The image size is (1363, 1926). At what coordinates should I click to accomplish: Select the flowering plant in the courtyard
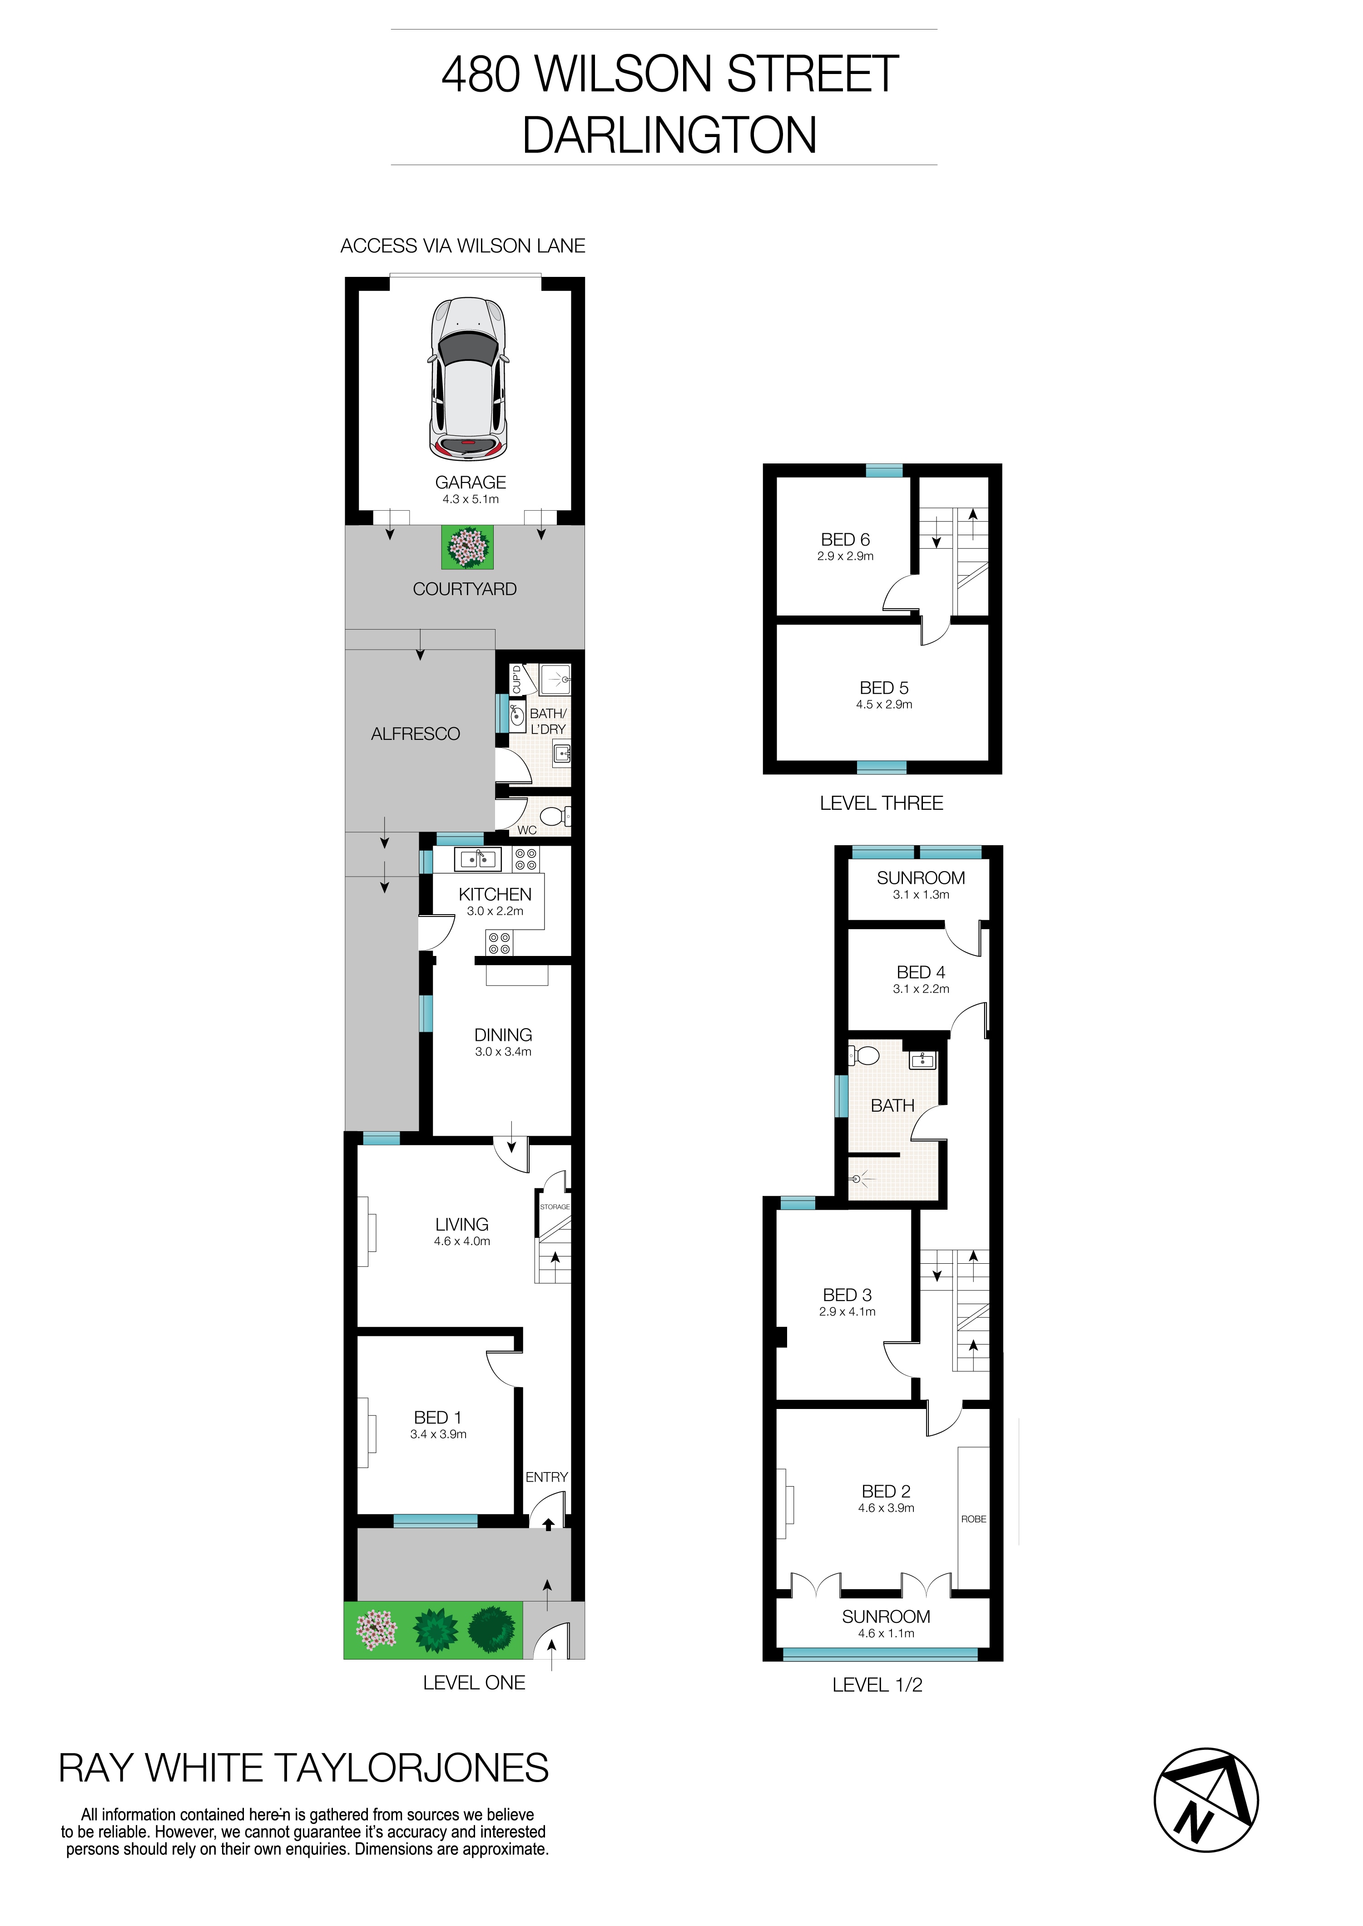[x=467, y=547]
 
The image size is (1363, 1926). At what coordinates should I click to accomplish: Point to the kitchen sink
[x=477, y=859]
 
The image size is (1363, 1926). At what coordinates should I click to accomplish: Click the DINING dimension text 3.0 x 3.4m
[x=503, y=1052]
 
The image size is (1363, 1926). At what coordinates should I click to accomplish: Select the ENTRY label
[x=546, y=1477]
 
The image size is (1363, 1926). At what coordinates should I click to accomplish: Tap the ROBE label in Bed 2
[x=974, y=1519]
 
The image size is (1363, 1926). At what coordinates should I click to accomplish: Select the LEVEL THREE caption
[x=881, y=803]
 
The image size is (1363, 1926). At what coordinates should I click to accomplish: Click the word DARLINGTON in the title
[x=669, y=135]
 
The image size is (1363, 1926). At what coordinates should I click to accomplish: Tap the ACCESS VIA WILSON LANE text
[x=462, y=246]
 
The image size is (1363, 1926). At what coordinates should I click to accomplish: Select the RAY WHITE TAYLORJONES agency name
[x=303, y=1768]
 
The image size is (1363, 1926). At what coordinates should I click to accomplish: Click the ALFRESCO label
[x=416, y=734]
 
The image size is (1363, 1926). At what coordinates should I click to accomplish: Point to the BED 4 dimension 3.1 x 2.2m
[x=921, y=989]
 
